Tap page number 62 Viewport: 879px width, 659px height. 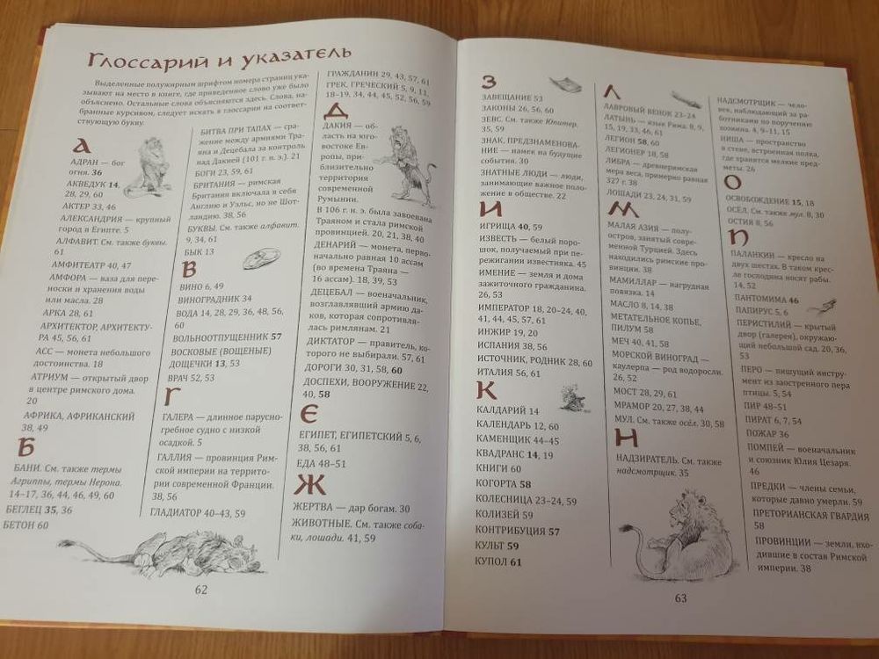[x=200, y=589]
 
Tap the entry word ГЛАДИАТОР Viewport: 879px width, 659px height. [x=183, y=513]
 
